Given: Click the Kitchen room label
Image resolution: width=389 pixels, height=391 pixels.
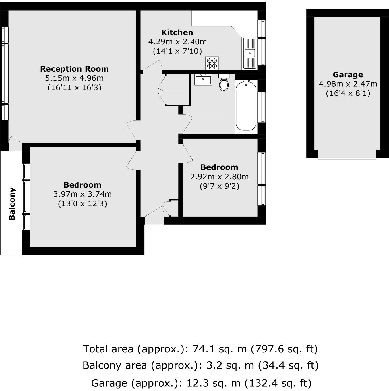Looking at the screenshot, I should tap(177, 32).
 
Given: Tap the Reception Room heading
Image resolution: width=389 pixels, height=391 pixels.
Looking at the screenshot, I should tap(74, 69).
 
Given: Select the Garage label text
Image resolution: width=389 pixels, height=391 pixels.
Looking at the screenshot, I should tap(348, 75).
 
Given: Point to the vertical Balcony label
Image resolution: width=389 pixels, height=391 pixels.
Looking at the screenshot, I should tap(12, 204).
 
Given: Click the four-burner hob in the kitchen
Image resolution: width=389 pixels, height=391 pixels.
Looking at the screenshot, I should tap(212, 63).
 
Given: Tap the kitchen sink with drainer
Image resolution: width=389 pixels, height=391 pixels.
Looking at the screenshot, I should tap(249, 53).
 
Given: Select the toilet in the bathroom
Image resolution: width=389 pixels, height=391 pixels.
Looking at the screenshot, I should tap(224, 83).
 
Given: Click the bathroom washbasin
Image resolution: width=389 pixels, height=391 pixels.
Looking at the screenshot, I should tap(203, 80).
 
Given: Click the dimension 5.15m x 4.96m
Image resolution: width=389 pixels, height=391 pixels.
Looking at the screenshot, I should tap(74, 78).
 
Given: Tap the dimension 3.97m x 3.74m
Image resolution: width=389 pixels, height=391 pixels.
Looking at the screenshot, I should tap(82, 194).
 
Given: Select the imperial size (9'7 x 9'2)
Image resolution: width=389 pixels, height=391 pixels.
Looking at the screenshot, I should tap(219, 186).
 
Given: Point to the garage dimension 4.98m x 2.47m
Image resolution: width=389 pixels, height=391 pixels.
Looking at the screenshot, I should tap(348, 84).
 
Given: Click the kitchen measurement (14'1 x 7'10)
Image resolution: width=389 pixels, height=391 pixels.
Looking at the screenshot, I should tap(177, 51).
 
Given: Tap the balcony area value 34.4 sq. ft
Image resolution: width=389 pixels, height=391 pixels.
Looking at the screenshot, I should tap(288, 365).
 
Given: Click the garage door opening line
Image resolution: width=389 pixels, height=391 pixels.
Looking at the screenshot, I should tap(347, 159).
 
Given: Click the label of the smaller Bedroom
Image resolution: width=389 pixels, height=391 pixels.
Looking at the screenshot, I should tap(219, 167).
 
